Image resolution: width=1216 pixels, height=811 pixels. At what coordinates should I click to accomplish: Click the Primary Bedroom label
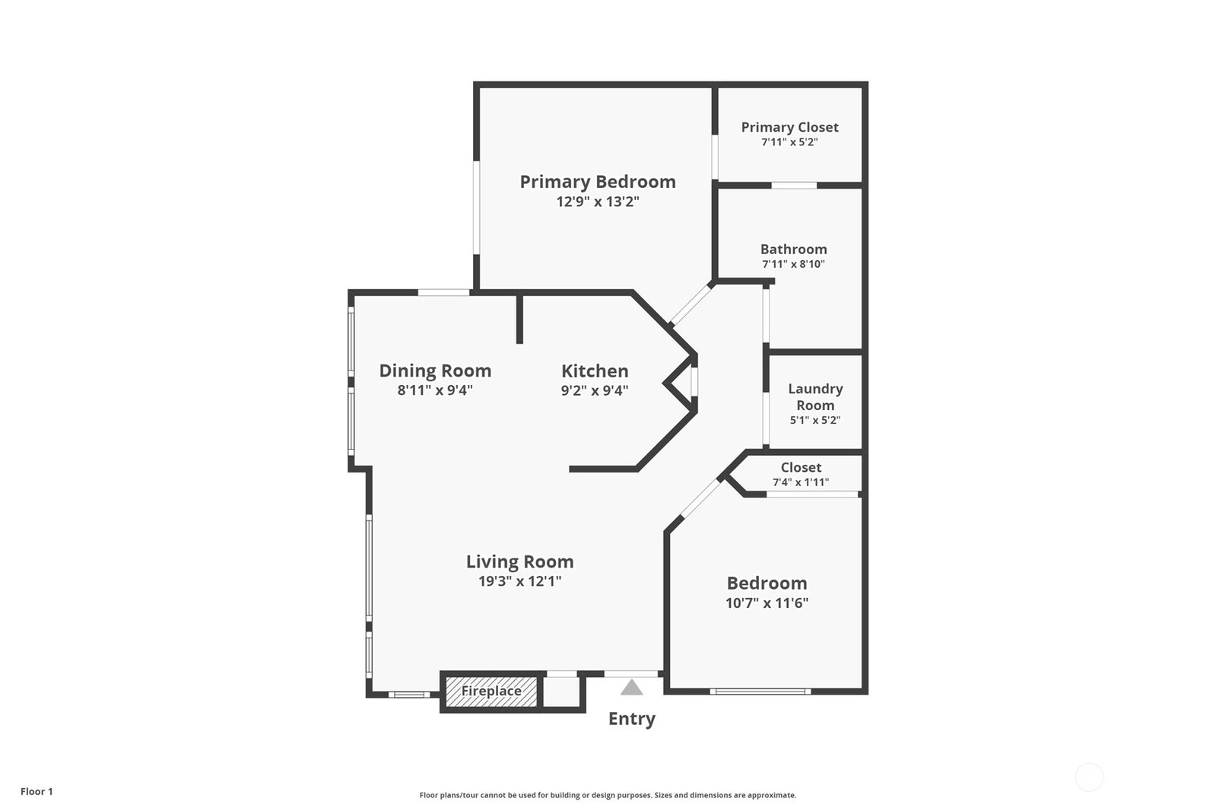click(598, 182)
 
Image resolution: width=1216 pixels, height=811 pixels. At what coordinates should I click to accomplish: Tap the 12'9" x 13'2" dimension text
click(598, 202)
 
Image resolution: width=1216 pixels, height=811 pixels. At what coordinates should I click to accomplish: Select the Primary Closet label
click(790, 128)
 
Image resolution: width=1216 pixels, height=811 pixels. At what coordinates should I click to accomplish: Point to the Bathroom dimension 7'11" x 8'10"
click(794, 265)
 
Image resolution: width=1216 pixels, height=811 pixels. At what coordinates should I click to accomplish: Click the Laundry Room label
click(815, 397)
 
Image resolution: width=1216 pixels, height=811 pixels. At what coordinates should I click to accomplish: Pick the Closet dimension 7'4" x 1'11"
click(801, 482)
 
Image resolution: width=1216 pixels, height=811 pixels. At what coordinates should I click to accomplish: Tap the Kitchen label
click(595, 371)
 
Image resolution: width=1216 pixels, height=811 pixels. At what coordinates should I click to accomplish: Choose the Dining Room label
click(435, 371)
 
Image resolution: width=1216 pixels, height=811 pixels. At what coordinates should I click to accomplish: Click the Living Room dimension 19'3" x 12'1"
click(520, 582)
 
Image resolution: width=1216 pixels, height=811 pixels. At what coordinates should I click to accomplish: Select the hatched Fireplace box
click(491, 692)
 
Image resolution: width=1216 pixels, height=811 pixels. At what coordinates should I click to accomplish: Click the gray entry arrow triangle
click(631, 688)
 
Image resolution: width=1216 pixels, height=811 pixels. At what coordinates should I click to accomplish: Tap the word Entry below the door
click(632, 719)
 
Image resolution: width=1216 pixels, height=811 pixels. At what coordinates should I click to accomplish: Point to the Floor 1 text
click(37, 791)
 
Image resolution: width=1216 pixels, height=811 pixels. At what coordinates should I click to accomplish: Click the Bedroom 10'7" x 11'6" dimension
click(767, 603)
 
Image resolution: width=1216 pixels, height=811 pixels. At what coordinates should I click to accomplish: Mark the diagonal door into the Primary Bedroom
click(691, 304)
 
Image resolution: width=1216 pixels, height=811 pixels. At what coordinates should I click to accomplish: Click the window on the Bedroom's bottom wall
click(760, 692)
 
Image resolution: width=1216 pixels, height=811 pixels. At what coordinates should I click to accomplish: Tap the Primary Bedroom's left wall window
click(476, 208)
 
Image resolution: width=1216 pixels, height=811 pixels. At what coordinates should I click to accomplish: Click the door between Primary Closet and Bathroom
click(794, 186)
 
